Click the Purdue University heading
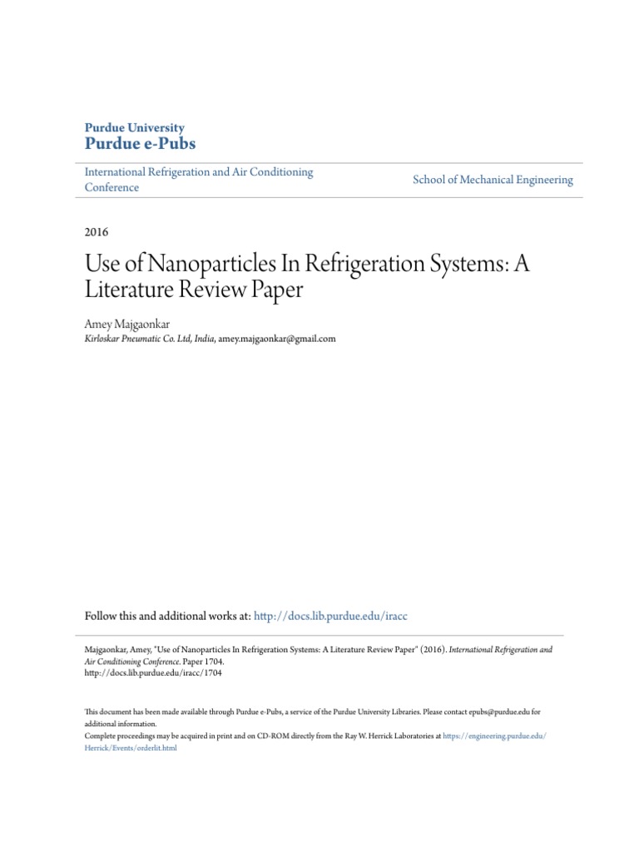pyautogui.click(x=135, y=127)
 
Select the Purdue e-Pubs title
pyautogui.click(x=141, y=143)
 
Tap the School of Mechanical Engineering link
pyautogui.click(x=493, y=180)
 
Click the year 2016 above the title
pyautogui.click(x=97, y=232)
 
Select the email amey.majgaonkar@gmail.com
pyautogui.click(x=276, y=339)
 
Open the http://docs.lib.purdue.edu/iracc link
pyautogui.click(x=330, y=616)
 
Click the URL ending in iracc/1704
pyautogui.click(x=153, y=673)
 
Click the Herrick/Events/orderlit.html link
pyautogui.click(x=131, y=748)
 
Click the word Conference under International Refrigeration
pyautogui.click(x=112, y=187)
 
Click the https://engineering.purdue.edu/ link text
pyautogui.click(x=494, y=736)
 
